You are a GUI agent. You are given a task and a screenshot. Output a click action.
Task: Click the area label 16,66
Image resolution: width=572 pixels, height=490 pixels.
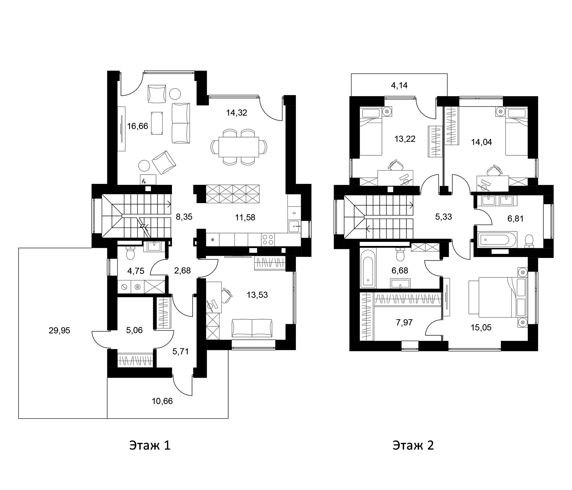point(137,126)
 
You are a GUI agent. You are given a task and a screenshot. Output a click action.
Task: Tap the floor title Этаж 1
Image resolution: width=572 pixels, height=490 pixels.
point(150,445)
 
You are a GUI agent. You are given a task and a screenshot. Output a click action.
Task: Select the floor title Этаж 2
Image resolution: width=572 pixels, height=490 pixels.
point(413,445)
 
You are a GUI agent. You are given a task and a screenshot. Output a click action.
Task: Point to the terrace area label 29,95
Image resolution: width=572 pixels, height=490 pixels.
point(59,330)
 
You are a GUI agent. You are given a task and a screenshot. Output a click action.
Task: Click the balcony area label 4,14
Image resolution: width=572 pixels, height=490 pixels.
point(399,86)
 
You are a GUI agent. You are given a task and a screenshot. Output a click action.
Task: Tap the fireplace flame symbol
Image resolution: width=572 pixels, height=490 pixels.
point(143,181)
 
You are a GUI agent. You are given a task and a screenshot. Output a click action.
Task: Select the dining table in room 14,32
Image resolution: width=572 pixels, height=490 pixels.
point(239,147)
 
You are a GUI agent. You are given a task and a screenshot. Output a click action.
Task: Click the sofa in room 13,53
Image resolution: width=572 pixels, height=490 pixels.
point(252,328)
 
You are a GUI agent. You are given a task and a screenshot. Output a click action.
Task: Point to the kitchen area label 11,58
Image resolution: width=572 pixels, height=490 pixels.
point(245,218)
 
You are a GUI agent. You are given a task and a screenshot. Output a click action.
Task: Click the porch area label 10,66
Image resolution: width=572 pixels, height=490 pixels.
point(162,401)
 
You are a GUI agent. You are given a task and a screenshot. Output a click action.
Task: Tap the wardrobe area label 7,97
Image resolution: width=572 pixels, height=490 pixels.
point(404,322)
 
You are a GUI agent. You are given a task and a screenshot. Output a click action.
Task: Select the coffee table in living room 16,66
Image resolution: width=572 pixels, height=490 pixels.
point(157,123)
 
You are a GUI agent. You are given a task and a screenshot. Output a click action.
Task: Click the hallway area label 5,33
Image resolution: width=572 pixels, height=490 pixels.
point(443,217)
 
